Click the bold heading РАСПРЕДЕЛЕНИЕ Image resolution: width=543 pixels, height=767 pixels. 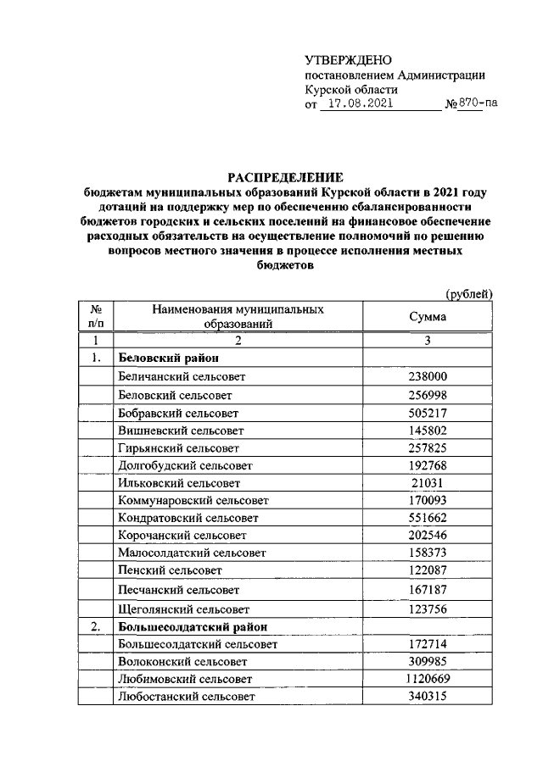(284, 177)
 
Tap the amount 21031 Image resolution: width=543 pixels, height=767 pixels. (428, 482)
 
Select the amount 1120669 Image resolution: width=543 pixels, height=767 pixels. (428, 679)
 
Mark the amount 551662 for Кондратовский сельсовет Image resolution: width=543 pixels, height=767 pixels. (428, 517)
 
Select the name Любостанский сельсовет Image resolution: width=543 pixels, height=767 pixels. (179, 697)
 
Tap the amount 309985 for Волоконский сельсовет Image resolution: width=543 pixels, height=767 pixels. (428, 661)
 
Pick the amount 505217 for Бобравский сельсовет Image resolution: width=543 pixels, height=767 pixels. (428, 413)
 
